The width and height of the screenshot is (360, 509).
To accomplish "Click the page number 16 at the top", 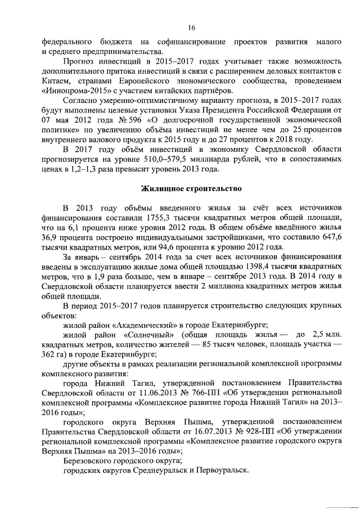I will [x=191, y=27].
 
